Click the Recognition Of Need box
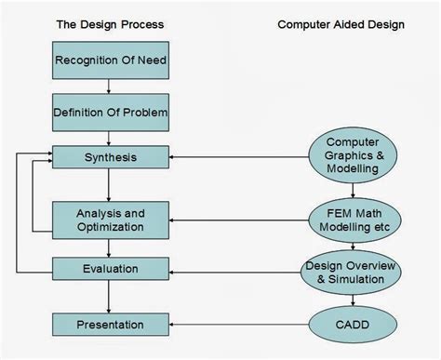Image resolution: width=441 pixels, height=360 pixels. coord(110,62)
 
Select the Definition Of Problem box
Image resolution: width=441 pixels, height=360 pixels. coord(110,113)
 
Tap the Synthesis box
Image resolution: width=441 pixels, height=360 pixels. coord(110,157)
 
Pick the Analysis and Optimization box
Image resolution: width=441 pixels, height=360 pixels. coord(110,220)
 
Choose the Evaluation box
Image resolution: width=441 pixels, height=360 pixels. coord(110,269)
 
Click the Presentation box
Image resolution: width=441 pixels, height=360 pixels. coord(110,325)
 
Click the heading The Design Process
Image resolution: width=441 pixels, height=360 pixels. coord(110,24)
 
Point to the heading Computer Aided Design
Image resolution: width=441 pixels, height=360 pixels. coord(341,24)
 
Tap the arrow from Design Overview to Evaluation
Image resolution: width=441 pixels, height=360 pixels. coord(233,270)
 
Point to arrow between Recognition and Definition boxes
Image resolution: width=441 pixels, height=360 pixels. coord(110,88)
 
